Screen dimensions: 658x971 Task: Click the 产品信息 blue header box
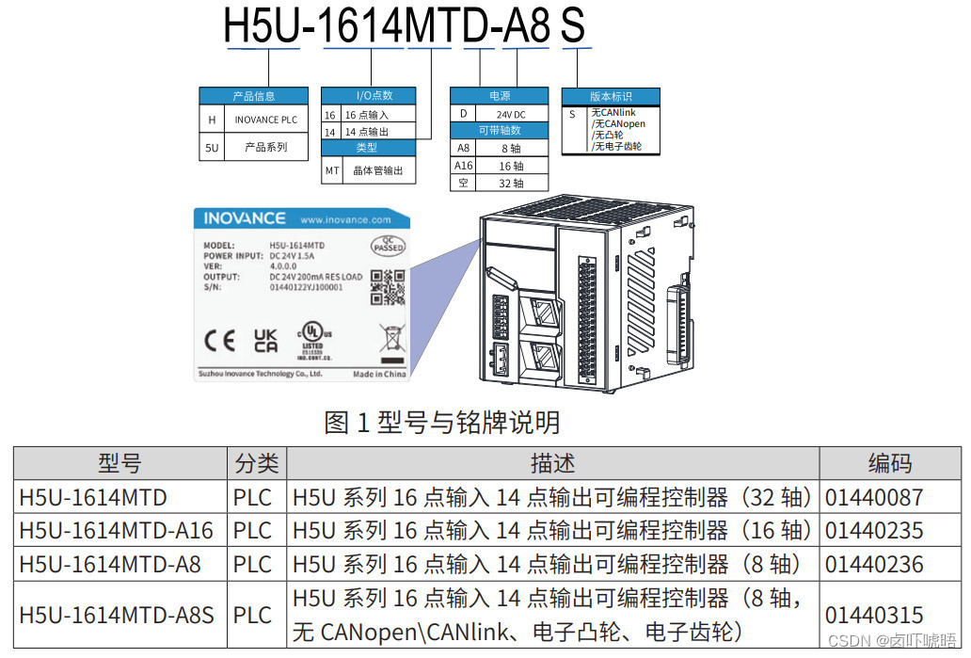click(x=253, y=96)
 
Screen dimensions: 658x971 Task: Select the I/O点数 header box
click(x=374, y=95)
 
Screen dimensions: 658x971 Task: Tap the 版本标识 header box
click(x=611, y=97)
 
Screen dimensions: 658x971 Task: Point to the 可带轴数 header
click(x=499, y=131)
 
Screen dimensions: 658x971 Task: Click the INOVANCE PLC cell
click(x=265, y=120)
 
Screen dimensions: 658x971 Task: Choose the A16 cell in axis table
click(x=463, y=166)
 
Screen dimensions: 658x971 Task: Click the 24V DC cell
click(x=511, y=114)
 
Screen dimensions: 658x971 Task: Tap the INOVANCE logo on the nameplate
click(x=245, y=218)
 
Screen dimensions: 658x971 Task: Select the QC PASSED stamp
click(x=389, y=245)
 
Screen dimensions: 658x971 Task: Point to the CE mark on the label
click(x=220, y=341)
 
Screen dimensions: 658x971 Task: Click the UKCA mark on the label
click(x=266, y=341)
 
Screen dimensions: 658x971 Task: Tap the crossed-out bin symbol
click(x=390, y=338)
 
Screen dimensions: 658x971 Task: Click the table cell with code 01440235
click(x=874, y=530)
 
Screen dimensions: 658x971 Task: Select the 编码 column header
click(x=889, y=463)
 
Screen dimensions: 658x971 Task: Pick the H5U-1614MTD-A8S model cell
click(x=117, y=616)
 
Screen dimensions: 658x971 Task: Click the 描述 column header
click(x=553, y=463)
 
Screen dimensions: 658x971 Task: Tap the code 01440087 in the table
click(x=874, y=497)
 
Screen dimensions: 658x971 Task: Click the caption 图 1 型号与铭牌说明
click(x=442, y=423)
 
